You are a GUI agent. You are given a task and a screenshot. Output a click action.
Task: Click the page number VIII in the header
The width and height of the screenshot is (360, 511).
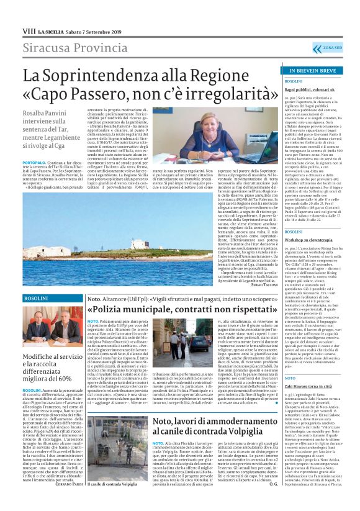click(28, 31)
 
